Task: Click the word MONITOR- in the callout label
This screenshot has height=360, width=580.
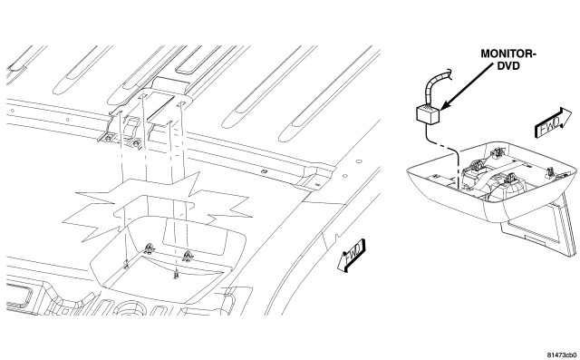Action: [x=508, y=54]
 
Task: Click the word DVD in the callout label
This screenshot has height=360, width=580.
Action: [x=508, y=66]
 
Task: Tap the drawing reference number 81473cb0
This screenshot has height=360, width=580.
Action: [x=562, y=355]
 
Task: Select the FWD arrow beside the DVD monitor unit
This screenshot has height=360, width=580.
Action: [x=553, y=123]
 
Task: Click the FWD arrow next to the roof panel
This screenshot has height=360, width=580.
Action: [x=351, y=256]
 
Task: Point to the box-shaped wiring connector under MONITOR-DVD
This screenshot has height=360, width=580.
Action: [x=428, y=113]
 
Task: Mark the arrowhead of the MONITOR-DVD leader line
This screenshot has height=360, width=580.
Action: [x=444, y=105]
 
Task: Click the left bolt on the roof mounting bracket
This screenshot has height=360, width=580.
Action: [x=108, y=139]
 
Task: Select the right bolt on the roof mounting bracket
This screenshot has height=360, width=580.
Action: [x=136, y=142]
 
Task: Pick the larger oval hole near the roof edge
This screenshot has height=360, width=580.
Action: [x=359, y=161]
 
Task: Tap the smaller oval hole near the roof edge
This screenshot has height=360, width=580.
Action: [x=344, y=176]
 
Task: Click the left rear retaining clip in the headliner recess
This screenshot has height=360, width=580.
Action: [x=150, y=248]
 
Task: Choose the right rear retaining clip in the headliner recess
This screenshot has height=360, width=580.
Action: [x=188, y=256]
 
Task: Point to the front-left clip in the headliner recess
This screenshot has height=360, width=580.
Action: [x=126, y=264]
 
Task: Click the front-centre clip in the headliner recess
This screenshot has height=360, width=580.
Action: [x=176, y=275]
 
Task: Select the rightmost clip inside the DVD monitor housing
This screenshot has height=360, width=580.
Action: [x=550, y=171]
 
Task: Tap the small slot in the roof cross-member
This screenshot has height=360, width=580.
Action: [x=264, y=171]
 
